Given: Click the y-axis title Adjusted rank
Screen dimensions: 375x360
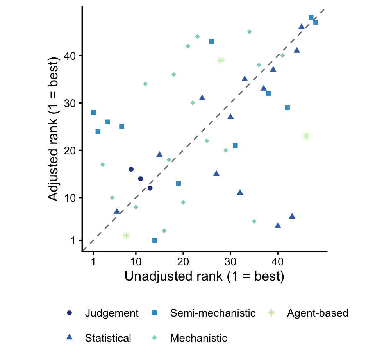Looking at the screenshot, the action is coord(53,129).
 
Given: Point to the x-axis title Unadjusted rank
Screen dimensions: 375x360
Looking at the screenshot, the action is coord(204,276).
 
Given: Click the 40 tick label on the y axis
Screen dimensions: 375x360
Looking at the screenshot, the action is coord(70,56).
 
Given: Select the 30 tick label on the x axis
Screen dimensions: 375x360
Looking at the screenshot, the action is coord(230,261).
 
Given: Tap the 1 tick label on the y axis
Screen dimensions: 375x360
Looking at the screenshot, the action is coord(73,240).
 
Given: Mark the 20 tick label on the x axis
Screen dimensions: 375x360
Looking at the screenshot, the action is coord(183,261).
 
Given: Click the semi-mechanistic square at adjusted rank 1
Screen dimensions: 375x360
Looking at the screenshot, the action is coord(155,240).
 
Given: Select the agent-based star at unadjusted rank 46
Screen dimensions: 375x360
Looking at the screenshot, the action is coord(306,136).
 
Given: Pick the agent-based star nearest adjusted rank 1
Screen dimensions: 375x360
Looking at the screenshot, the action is coord(126,236).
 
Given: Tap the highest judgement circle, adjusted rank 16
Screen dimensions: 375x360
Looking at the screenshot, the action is coord(131,169).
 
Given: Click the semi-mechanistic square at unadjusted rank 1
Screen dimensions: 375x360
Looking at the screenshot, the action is coord(93,113).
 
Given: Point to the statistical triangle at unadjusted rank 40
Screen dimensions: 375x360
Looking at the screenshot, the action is coord(278,226).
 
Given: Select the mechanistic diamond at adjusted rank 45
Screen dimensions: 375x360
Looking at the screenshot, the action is coord(250,32).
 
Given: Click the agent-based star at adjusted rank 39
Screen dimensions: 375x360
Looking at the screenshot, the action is coord(221,60).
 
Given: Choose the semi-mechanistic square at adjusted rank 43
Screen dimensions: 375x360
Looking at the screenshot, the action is coord(211,41).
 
